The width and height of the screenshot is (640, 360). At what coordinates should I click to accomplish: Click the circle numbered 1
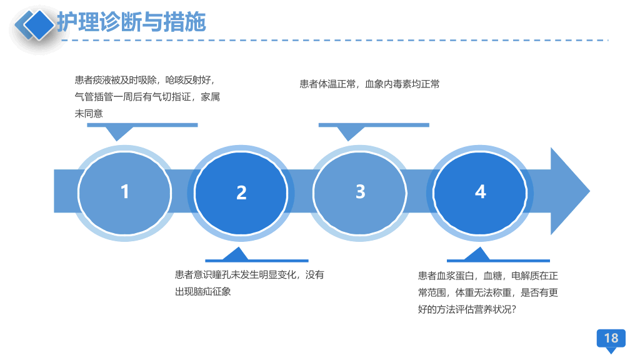[124, 192]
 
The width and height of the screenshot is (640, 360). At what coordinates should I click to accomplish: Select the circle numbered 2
[241, 193]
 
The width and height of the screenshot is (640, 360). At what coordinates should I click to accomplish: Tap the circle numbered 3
[359, 192]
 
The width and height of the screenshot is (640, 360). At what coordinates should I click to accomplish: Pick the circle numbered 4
[480, 193]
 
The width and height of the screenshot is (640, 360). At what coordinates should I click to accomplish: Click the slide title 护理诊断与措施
[131, 22]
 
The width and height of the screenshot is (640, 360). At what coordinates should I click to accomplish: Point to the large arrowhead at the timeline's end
[570, 191]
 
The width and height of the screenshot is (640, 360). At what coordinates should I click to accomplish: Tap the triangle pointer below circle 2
[236, 254]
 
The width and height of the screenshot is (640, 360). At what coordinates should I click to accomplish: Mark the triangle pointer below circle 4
[477, 254]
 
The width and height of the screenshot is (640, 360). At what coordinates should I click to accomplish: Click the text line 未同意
[89, 114]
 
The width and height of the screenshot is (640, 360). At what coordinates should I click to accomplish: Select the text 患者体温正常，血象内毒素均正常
[370, 84]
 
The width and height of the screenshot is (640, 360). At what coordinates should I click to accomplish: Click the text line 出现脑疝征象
[203, 292]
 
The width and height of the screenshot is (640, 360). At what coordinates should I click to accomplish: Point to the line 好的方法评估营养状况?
[467, 309]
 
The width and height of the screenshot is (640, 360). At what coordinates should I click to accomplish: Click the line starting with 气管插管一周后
[147, 97]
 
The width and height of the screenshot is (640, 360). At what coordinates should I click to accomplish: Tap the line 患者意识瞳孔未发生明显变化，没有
[249, 275]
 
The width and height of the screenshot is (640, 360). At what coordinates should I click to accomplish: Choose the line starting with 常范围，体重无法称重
[487, 292]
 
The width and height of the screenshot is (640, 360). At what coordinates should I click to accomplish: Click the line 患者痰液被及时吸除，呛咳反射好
[144, 80]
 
